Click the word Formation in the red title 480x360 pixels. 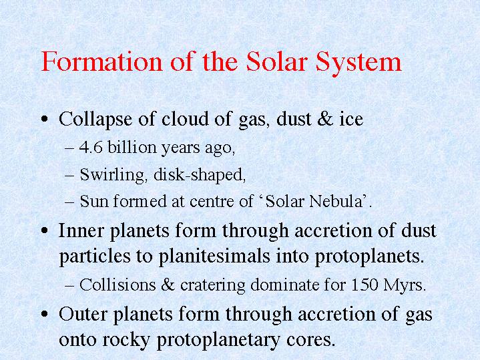(102, 61)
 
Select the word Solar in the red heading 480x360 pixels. (277, 61)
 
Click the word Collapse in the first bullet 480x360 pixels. (95, 120)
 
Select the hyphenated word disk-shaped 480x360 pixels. (200, 175)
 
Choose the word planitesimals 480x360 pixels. (214, 256)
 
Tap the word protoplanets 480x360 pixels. (369, 256)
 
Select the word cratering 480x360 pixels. (213, 286)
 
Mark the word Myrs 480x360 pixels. (404, 286)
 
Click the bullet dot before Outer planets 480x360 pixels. (45, 315)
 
